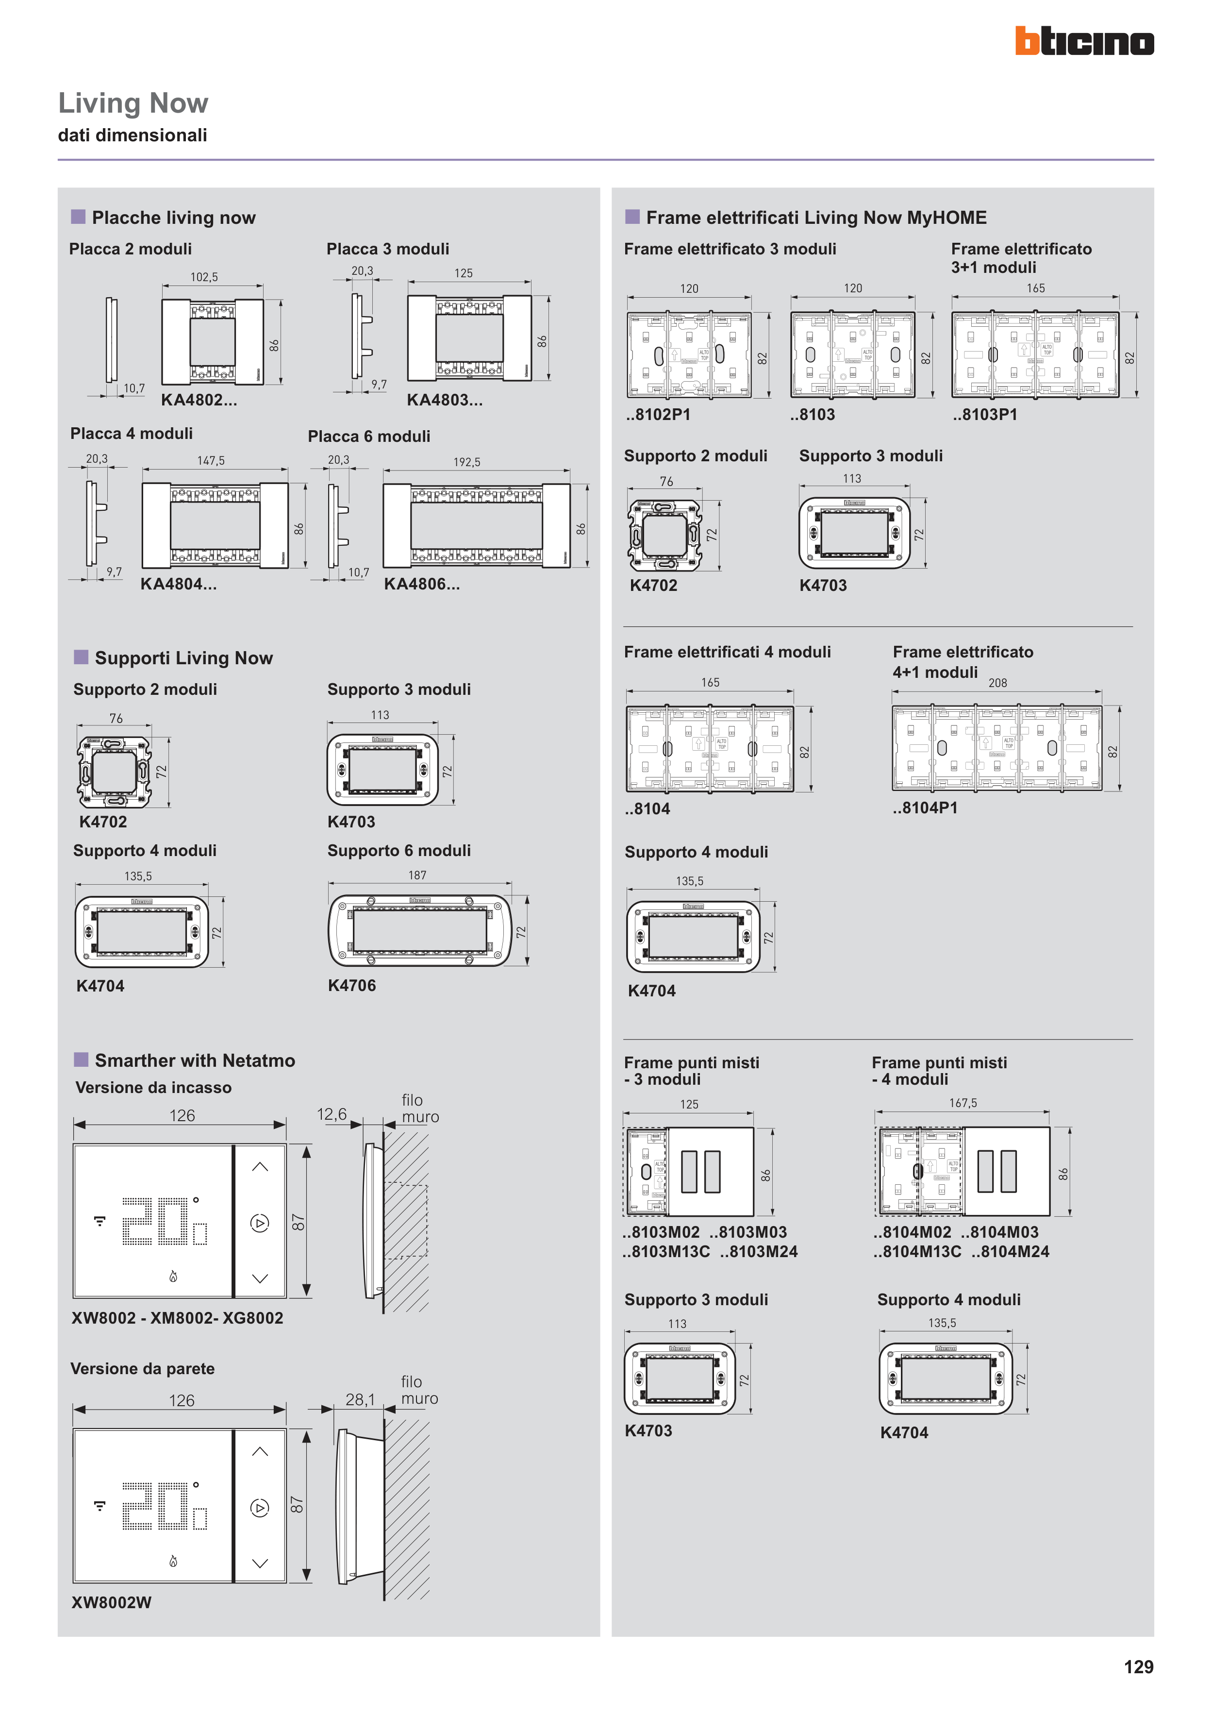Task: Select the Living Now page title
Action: point(133,103)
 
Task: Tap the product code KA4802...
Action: point(199,401)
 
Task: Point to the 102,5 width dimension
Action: point(204,277)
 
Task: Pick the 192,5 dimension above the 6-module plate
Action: point(467,462)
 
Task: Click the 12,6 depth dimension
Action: point(332,1114)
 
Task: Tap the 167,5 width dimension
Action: point(963,1103)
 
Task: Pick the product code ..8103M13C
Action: point(666,1252)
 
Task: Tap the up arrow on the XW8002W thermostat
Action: point(260,1451)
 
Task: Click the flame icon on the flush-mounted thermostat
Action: point(173,1277)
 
